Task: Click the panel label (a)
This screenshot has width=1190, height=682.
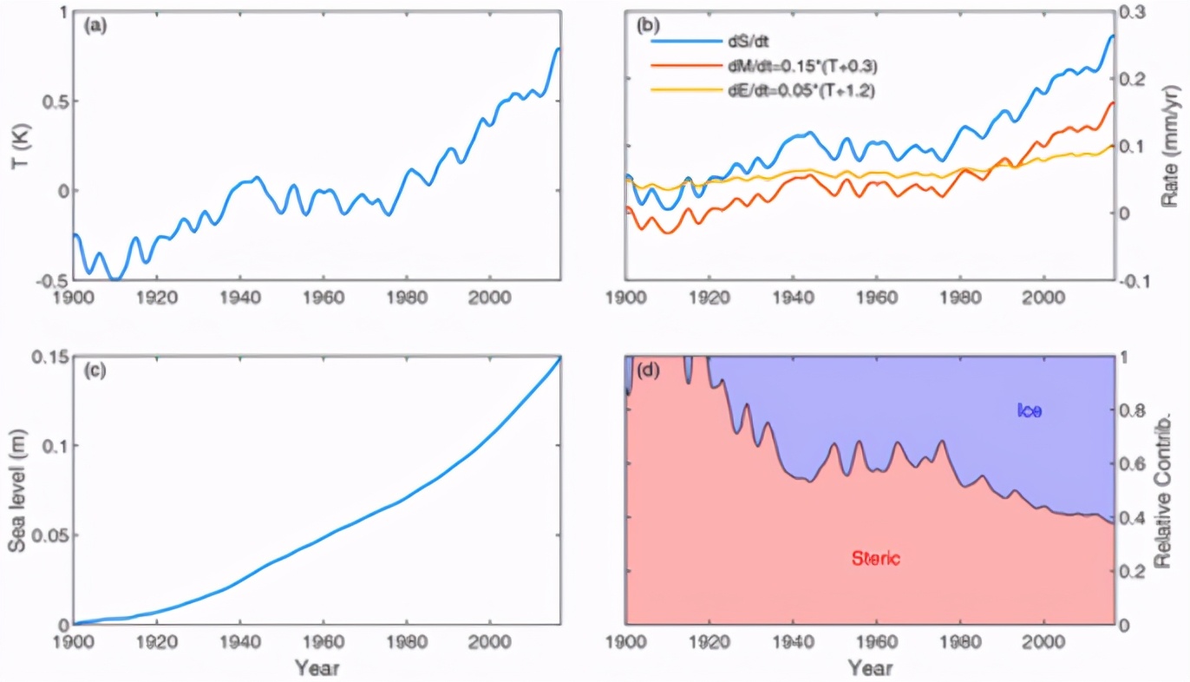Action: click(95, 25)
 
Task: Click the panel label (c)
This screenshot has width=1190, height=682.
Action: click(95, 371)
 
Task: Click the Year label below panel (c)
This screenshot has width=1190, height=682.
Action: click(316, 668)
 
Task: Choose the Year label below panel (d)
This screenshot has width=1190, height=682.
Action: click(869, 668)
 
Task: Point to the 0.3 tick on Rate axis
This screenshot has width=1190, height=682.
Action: click(1136, 12)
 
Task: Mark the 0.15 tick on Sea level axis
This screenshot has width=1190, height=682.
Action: click(50, 356)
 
